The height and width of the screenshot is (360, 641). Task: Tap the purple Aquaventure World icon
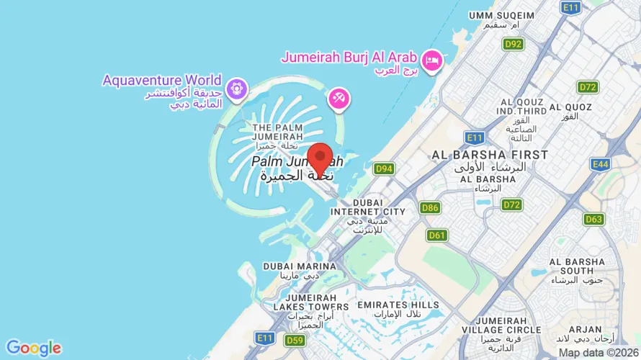[x=234, y=90]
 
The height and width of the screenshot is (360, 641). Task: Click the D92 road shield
[x=513, y=44]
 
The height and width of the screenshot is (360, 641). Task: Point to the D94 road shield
[x=384, y=168]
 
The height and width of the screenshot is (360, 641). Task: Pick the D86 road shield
[x=430, y=208]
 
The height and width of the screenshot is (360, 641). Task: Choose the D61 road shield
[x=436, y=235]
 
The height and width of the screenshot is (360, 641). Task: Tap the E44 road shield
[x=600, y=164]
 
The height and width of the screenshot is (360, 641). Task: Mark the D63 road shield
[x=594, y=219]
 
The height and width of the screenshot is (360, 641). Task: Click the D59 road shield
[x=294, y=340]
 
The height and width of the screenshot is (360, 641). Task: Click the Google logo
[x=33, y=348]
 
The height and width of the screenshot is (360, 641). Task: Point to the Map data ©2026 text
[x=599, y=353]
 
